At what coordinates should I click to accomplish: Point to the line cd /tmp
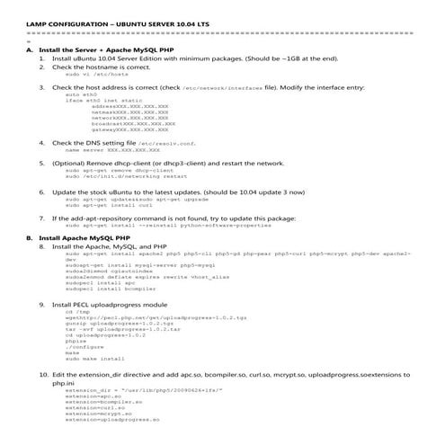click(x=76, y=312)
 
